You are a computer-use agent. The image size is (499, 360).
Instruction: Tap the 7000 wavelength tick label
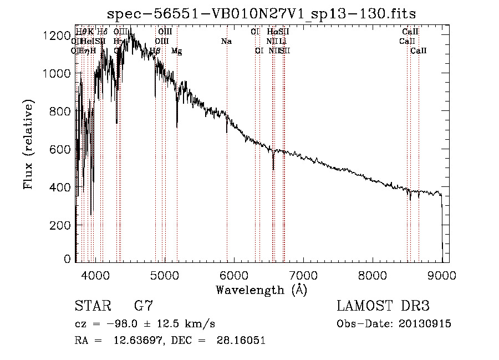(303, 275)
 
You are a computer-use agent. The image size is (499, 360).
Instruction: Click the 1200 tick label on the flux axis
(57, 36)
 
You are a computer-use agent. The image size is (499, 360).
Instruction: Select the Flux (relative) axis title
(28, 145)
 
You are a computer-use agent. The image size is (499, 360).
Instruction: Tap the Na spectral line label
(226, 42)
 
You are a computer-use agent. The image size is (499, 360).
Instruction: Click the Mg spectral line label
(176, 51)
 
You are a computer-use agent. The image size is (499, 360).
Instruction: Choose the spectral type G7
(144, 307)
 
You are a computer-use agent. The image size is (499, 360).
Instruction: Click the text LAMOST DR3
(383, 307)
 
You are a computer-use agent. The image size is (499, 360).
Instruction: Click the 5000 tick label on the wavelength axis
(164, 275)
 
